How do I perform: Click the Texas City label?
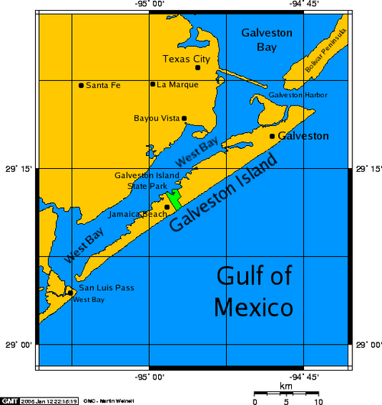pos(187,58)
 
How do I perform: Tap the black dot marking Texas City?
pos(197,68)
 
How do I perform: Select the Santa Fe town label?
pos(103,85)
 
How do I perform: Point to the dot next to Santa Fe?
pos(81,85)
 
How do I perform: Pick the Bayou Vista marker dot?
pos(184,118)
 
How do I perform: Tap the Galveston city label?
pos(304,136)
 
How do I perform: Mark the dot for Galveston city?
pos(272,136)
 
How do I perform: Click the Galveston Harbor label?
pos(298,96)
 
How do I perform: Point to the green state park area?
pos(176,199)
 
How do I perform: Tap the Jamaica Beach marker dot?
pos(167,206)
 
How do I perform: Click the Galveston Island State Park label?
pos(147,180)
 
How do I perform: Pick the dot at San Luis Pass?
pos(70,292)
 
